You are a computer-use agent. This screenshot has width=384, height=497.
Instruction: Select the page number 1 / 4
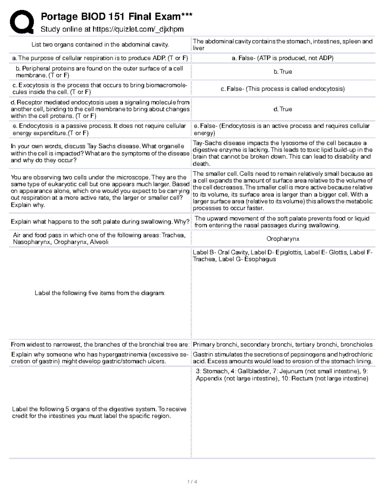click(x=192, y=482)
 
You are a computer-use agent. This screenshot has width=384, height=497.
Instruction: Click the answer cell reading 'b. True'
click(x=283, y=72)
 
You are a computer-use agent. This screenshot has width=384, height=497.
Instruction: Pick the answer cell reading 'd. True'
click(x=283, y=109)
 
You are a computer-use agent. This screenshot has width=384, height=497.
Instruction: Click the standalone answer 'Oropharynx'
click(x=283, y=239)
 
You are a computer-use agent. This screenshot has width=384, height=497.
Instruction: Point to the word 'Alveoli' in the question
click(x=99, y=242)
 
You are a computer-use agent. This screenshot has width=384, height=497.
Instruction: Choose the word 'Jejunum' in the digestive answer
click(x=291, y=372)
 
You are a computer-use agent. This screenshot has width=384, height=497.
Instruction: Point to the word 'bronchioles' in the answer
click(x=356, y=345)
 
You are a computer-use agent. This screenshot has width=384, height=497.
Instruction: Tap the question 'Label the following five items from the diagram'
click(x=100, y=293)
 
